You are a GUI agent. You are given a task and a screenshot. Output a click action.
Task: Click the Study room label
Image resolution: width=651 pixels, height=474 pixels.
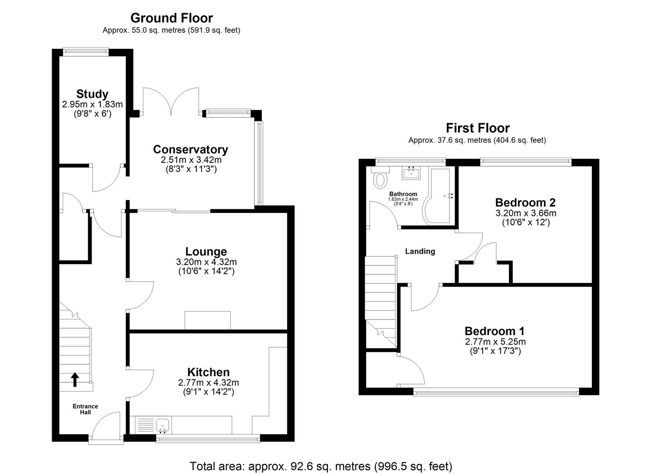pyautogui.click(x=92, y=94)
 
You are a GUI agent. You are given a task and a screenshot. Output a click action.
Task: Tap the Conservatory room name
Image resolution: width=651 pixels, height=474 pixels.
pyautogui.click(x=190, y=149)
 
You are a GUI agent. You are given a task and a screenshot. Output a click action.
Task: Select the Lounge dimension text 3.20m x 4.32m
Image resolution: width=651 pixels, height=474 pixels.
pyautogui.click(x=206, y=262)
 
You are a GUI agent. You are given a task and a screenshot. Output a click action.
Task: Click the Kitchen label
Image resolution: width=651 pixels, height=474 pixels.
pyautogui.click(x=208, y=372)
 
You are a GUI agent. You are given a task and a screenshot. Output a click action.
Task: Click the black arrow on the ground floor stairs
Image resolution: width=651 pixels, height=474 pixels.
pyautogui.click(x=75, y=380)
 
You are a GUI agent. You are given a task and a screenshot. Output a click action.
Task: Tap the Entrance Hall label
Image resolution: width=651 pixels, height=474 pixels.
pyautogui.click(x=85, y=409)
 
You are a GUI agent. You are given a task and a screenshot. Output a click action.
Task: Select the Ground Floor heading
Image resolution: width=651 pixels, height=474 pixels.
pyautogui.click(x=171, y=18)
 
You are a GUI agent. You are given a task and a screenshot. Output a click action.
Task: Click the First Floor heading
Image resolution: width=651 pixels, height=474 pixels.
pyautogui.click(x=477, y=128)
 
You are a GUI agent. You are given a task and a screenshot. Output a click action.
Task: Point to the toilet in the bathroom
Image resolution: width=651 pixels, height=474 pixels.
pyautogui.click(x=380, y=180)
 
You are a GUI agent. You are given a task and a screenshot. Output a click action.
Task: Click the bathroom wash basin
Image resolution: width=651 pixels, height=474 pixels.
pyautogui.click(x=411, y=173)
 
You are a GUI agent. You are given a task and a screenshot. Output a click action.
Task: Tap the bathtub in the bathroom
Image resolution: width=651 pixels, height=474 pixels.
pyautogui.click(x=440, y=196)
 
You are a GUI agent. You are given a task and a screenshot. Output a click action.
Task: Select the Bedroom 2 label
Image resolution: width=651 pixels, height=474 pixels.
pyautogui.click(x=525, y=202)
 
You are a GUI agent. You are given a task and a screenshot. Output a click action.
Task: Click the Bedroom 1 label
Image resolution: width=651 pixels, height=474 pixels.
pyautogui.click(x=494, y=331)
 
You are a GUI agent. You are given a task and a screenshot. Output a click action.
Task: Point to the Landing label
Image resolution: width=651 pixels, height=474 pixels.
pyautogui.click(x=420, y=251)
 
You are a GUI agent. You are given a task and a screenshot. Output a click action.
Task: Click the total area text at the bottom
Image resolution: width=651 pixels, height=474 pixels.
pyautogui.click(x=320, y=466)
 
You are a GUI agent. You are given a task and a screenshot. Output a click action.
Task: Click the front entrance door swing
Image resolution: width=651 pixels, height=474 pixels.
pyautogui.click(x=106, y=425)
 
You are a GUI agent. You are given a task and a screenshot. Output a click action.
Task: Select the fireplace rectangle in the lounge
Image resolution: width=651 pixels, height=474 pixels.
pyautogui.click(x=207, y=320)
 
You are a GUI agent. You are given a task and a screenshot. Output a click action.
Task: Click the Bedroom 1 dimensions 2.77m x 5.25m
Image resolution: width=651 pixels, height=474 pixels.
pyautogui.click(x=495, y=341)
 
